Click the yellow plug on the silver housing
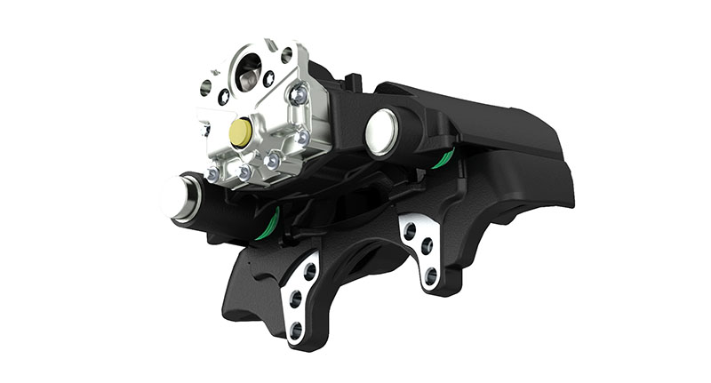coord(239,132)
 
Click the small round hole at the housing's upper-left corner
coord(206,87)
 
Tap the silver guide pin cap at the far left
coord(175,195)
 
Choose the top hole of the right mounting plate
coord(410,228)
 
